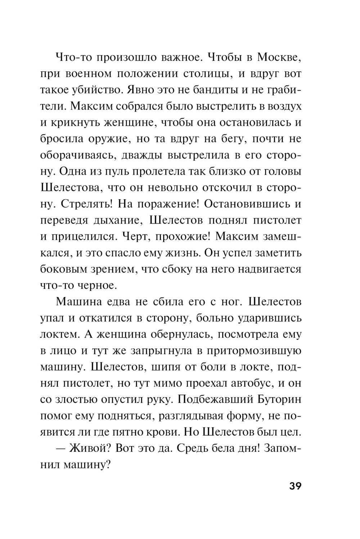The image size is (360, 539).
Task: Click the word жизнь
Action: tap(183, 253)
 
